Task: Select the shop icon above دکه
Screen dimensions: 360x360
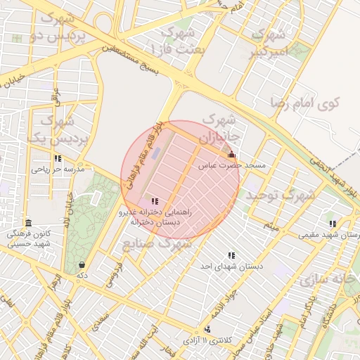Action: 82,265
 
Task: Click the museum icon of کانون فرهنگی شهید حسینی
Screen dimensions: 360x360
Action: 28,223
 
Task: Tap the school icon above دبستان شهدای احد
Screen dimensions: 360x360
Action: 231,256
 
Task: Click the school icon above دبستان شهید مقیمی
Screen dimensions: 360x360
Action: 333,224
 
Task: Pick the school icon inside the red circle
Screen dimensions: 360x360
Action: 155,201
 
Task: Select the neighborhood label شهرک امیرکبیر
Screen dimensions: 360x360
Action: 269,42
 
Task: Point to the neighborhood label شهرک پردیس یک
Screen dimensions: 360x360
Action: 55,130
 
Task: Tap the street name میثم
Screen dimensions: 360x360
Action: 271,226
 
